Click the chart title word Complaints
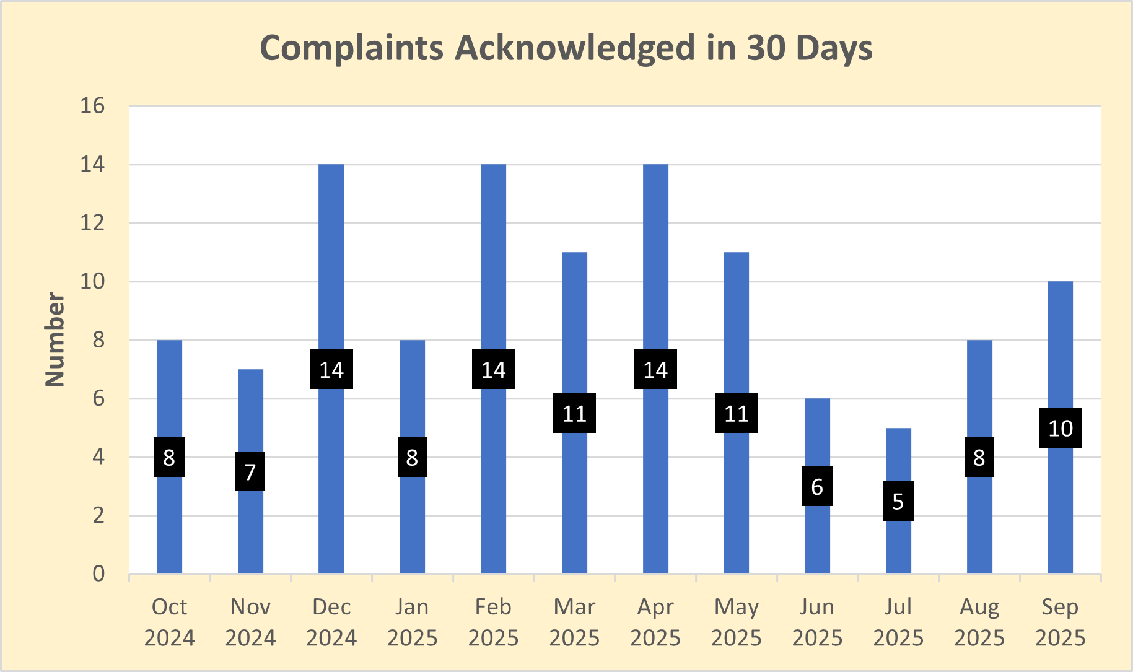pyautogui.click(x=351, y=48)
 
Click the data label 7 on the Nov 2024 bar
pyautogui.click(x=250, y=472)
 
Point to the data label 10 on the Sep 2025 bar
pyautogui.click(x=1060, y=428)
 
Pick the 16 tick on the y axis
pyautogui.click(x=92, y=106)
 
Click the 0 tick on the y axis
pyautogui.click(x=98, y=574)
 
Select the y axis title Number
pyautogui.click(x=55, y=340)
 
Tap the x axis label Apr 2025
pyautogui.click(x=655, y=622)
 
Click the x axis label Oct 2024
pyautogui.click(x=169, y=622)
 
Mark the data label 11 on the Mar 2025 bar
pyautogui.click(x=574, y=413)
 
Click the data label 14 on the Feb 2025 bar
pyautogui.click(x=493, y=370)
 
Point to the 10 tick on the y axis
pyautogui.click(x=92, y=281)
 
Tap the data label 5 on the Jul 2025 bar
pyautogui.click(x=898, y=501)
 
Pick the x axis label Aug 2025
pyautogui.click(x=979, y=622)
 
